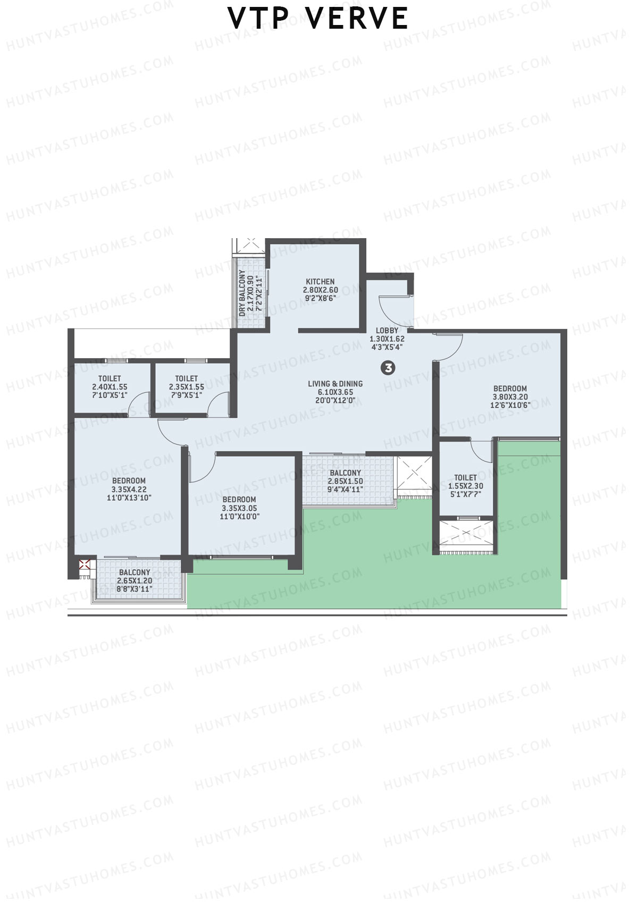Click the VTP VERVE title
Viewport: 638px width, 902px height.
318,18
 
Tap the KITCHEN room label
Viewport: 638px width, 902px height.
320,282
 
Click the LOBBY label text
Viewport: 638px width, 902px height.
387,331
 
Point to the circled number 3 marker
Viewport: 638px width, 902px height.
389,367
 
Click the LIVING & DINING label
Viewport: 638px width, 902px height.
335,384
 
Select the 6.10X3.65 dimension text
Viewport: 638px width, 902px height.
335,392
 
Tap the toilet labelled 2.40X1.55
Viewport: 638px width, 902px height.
110,386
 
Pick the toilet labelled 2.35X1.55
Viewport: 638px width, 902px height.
186,386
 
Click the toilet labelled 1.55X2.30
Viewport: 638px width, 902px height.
465,485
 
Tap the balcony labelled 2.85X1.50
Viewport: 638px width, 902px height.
345,481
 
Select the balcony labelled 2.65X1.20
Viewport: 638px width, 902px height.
135,580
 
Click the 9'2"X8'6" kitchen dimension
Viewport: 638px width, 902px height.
320,298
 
